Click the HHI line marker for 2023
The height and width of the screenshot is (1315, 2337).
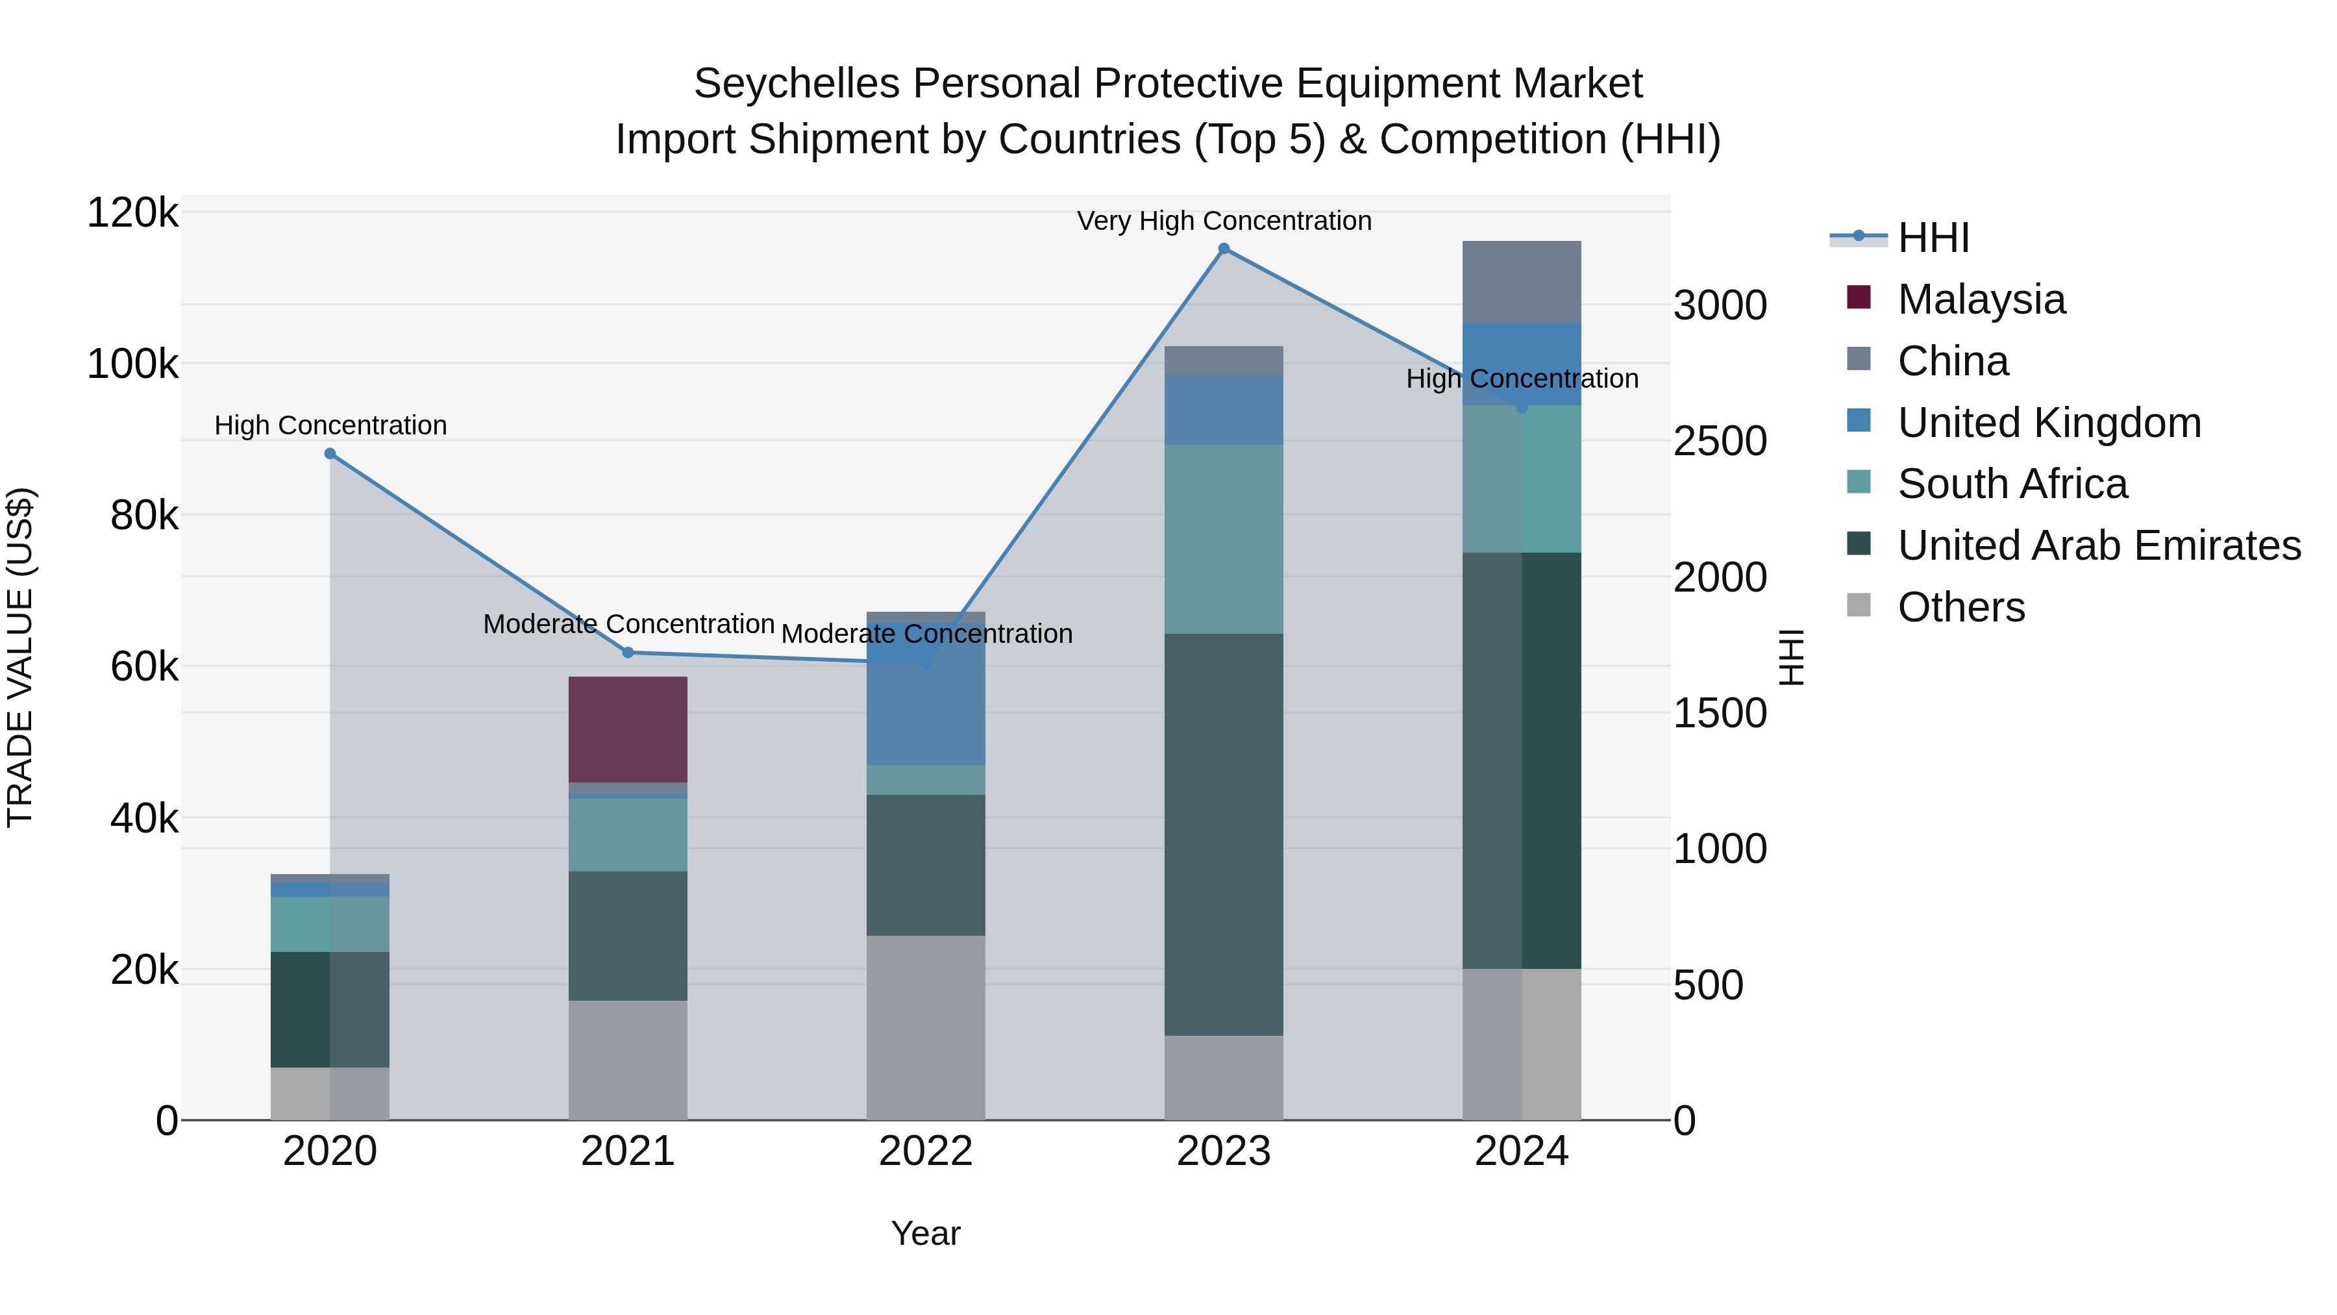coord(1224,249)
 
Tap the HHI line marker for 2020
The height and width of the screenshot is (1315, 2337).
coord(330,454)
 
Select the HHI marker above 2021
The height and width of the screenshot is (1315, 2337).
coord(628,653)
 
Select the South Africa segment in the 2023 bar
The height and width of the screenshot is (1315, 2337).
coord(1224,539)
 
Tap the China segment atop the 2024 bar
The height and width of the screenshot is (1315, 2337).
coord(1522,281)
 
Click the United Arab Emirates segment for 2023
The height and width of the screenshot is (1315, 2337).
coord(1224,835)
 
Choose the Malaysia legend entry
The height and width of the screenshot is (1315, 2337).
coord(1981,299)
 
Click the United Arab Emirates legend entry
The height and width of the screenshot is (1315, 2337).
coord(2098,545)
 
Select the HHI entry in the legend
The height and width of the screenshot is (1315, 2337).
coord(1933,238)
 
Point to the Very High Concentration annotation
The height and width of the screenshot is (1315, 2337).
coord(1224,221)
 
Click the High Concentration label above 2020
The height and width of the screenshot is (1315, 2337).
coord(330,425)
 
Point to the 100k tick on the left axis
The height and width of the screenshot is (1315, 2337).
coord(132,365)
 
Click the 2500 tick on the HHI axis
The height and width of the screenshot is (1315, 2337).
coord(1720,441)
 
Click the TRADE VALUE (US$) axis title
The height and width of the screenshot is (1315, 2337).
coord(20,657)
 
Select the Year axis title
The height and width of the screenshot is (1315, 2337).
coord(925,1233)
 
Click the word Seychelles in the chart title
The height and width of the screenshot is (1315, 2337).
coord(797,84)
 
